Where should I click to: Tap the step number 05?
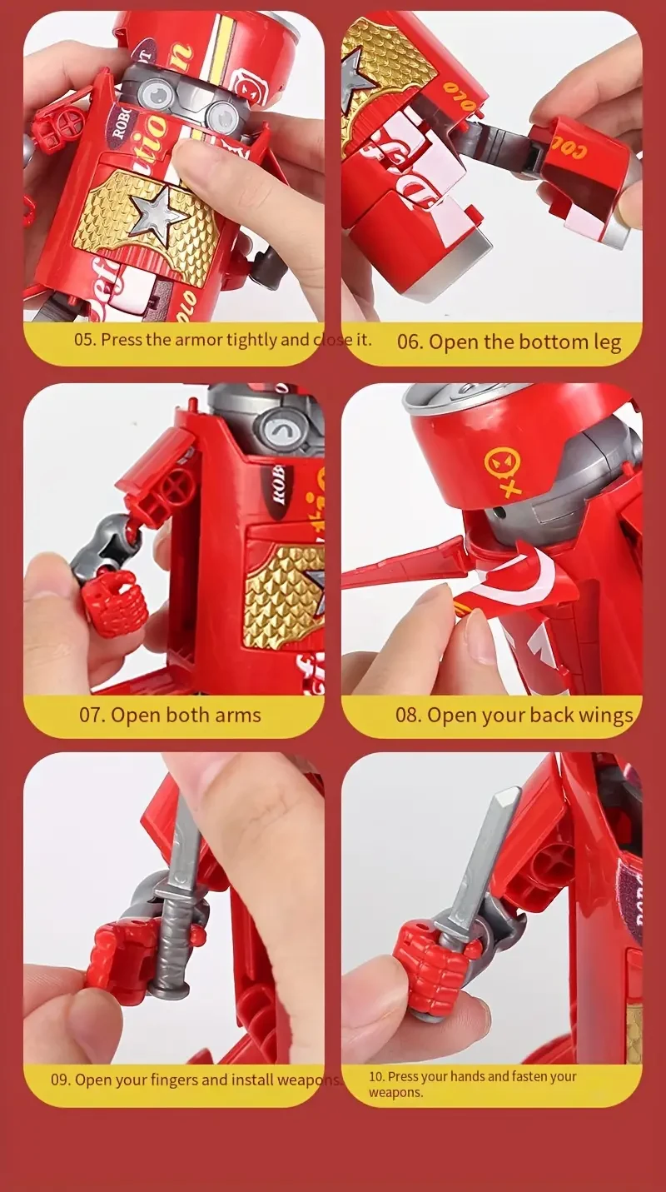(x=84, y=340)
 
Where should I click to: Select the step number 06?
(x=410, y=342)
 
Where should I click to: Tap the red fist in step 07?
(x=114, y=601)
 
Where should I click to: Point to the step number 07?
(x=92, y=715)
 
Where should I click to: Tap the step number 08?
(x=408, y=715)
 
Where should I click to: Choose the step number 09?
(x=60, y=1080)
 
